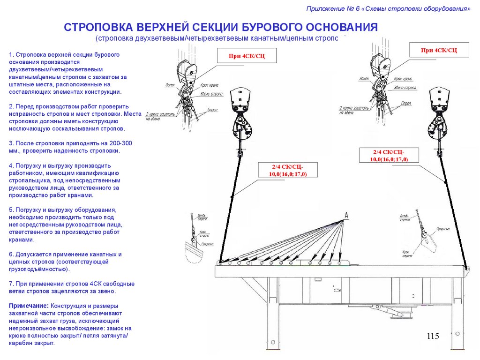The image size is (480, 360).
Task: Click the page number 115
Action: [433, 336]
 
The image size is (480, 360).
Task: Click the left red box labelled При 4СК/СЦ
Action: [247, 56]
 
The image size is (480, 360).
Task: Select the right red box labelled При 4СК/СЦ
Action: [439, 50]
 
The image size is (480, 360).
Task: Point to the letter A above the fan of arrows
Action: [346, 215]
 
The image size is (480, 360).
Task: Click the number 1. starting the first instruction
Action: [11, 55]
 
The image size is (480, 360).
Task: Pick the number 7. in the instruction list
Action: [11, 284]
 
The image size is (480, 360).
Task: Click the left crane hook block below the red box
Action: [242, 117]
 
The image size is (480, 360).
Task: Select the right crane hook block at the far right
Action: [440, 117]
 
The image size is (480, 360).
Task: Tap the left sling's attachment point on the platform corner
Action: [219, 262]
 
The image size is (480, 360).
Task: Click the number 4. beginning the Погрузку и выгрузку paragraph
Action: [11, 166]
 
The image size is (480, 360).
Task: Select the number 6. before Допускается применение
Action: [11, 254]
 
